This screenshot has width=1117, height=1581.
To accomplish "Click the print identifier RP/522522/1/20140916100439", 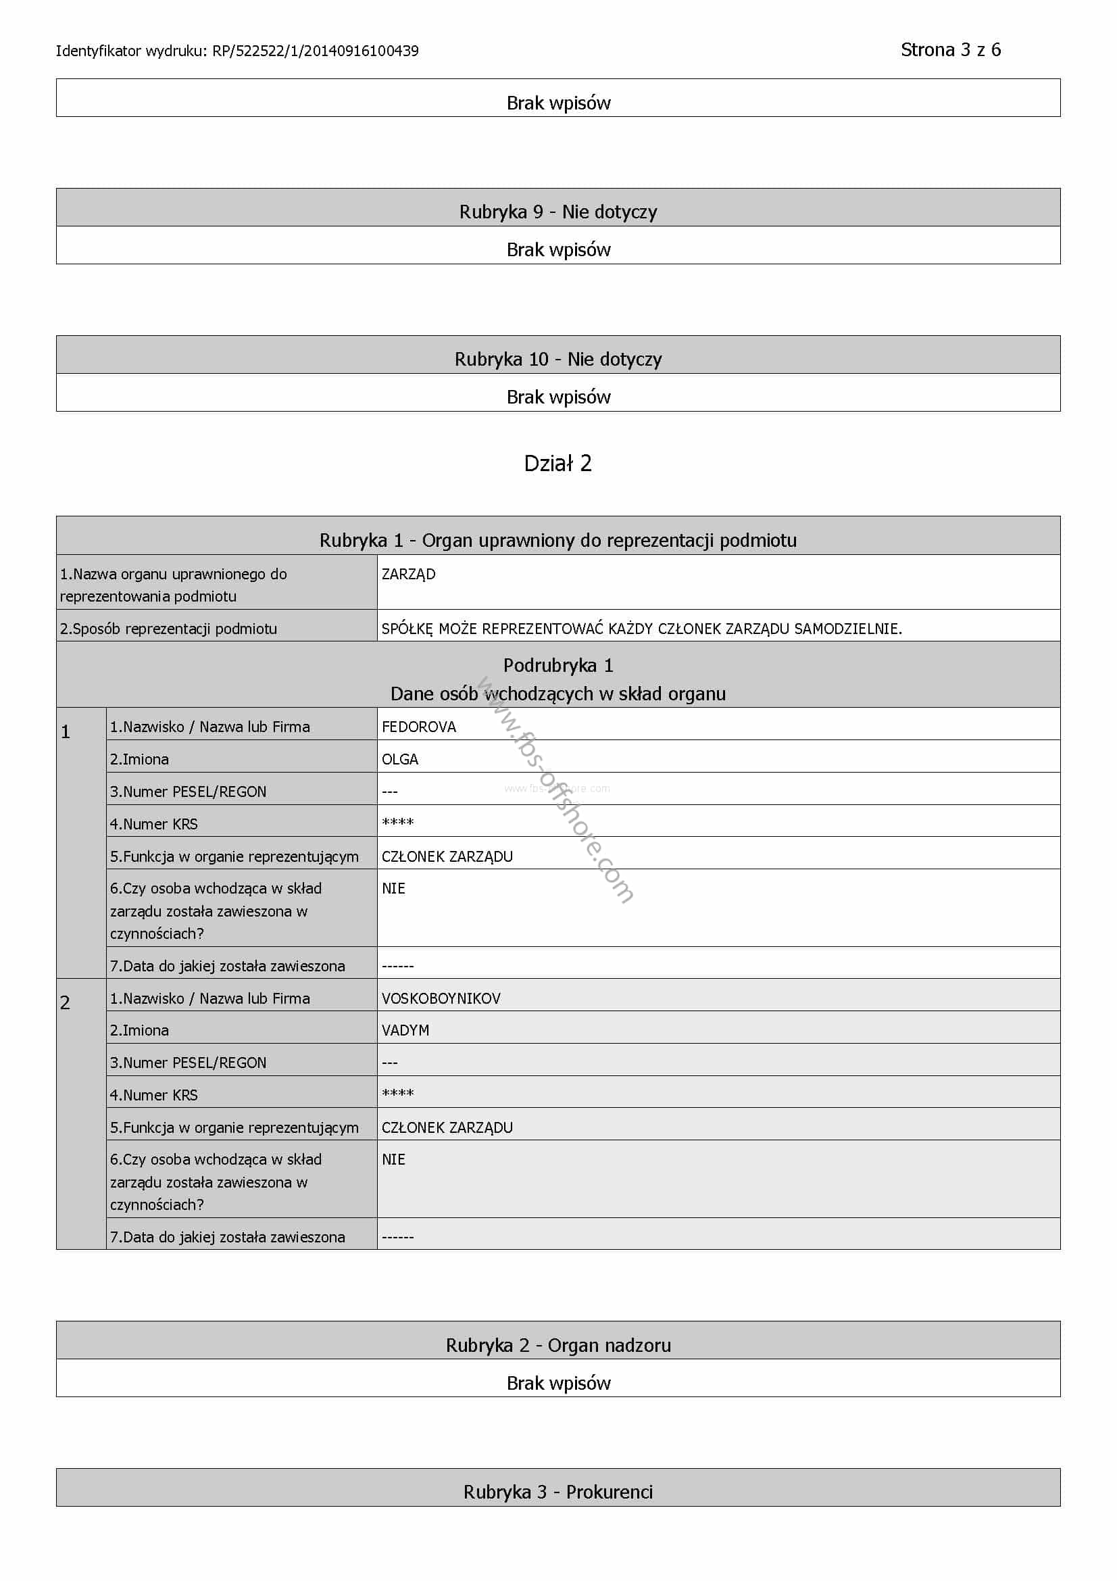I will pyautogui.click(x=315, y=51).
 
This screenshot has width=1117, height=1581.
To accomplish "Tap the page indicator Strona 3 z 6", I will pyautogui.click(x=950, y=50).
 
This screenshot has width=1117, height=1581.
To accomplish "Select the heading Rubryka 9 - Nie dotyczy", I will pyautogui.click(x=557, y=212).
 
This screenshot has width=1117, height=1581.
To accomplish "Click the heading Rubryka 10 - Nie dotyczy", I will pyautogui.click(x=557, y=360).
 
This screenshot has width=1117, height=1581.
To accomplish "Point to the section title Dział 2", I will pyautogui.click(x=557, y=464).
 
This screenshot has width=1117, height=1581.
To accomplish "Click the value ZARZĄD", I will pyautogui.click(x=408, y=575).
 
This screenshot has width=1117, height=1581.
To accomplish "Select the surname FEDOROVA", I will pyautogui.click(x=418, y=727).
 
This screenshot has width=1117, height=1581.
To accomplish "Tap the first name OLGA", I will pyautogui.click(x=400, y=760).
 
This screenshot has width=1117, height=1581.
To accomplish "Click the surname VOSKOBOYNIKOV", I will pyautogui.click(x=441, y=998).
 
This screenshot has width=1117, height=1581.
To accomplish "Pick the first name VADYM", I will pyautogui.click(x=405, y=1031).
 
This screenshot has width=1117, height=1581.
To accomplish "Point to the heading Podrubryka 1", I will pyautogui.click(x=557, y=666).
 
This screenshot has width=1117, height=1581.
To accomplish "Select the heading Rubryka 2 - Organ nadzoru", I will pyautogui.click(x=557, y=1346).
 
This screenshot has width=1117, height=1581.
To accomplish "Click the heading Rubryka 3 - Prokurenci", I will pyautogui.click(x=557, y=1492).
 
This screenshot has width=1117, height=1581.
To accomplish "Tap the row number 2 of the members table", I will pyautogui.click(x=66, y=1003).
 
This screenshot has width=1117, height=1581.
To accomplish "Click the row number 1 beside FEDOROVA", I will pyautogui.click(x=66, y=732).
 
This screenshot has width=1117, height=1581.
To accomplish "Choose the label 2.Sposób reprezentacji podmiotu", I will pyautogui.click(x=169, y=629).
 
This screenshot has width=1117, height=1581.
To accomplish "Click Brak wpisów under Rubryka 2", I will pyautogui.click(x=557, y=1384).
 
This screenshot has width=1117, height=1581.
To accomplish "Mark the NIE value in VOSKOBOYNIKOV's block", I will pyautogui.click(x=394, y=1160).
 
